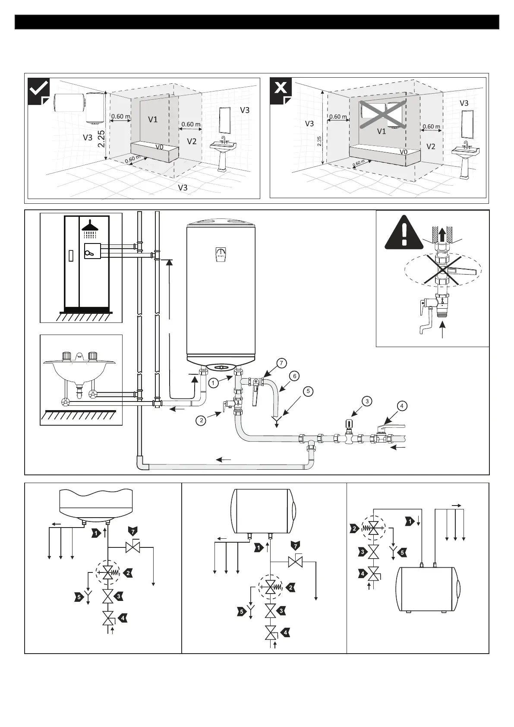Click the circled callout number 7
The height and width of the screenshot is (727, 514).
click(x=281, y=363)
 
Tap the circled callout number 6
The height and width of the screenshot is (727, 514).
click(x=294, y=376)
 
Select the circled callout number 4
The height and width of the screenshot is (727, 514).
click(x=402, y=406)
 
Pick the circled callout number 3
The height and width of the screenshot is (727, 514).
click(x=367, y=401)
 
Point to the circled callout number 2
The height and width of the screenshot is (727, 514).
click(x=200, y=420)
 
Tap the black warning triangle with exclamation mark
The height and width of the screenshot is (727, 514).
click(x=404, y=233)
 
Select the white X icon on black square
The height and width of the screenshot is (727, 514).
click(x=281, y=89)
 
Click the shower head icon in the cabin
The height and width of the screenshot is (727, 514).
click(x=91, y=226)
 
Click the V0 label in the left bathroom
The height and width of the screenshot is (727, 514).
click(x=160, y=147)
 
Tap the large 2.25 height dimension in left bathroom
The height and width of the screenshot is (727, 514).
click(x=101, y=139)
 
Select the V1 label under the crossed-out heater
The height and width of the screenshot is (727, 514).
click(x=382, y=132)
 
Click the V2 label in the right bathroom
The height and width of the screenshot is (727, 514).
click(x=431, y=147)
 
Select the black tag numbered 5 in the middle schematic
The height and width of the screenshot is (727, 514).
click(x=242, y=611)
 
